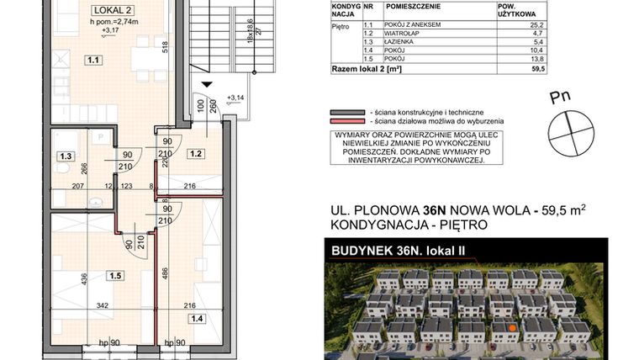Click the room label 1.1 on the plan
click(93, 61)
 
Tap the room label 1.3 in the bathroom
click(63, 156)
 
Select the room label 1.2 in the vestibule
click(196, 154)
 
